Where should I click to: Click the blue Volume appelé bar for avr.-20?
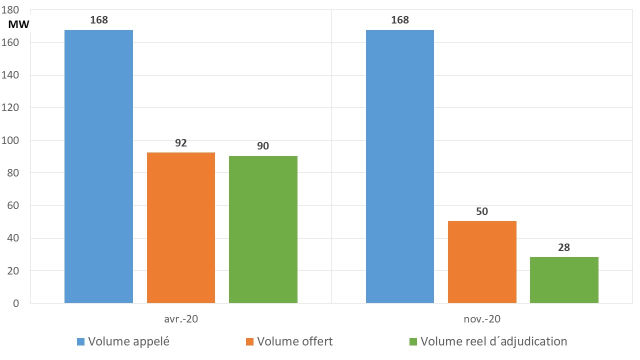[98, 166]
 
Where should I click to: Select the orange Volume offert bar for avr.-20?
[181, 227]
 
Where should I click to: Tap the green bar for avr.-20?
[263, 229]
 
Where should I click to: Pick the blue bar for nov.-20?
[400, 166]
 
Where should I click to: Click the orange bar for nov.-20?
[482, 262]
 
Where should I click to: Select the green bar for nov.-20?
[564, 280]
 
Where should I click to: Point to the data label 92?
[181, 143]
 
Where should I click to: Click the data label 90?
[263, 146]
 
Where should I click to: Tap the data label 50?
[482, 211]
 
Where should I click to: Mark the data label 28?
[564, 247]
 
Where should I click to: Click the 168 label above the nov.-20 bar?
[400, 20]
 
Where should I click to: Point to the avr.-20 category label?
[181, 318]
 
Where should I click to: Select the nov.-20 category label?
[482, 318]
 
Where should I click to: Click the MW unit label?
[19, 24]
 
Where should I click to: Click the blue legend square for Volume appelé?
[80, 342]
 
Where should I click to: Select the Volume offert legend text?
[294, 341]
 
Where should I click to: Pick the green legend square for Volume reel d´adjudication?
[413, 342]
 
